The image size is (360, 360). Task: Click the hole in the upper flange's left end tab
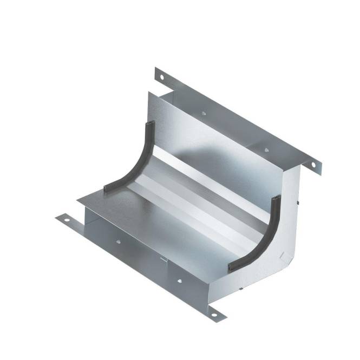(160, 77)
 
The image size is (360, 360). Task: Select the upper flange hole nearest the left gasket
(204, 114)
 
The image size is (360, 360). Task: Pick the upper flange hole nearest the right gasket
(265, 148)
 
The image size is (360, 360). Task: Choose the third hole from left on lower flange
(179, 280)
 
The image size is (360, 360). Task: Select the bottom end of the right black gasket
(231, 267)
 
